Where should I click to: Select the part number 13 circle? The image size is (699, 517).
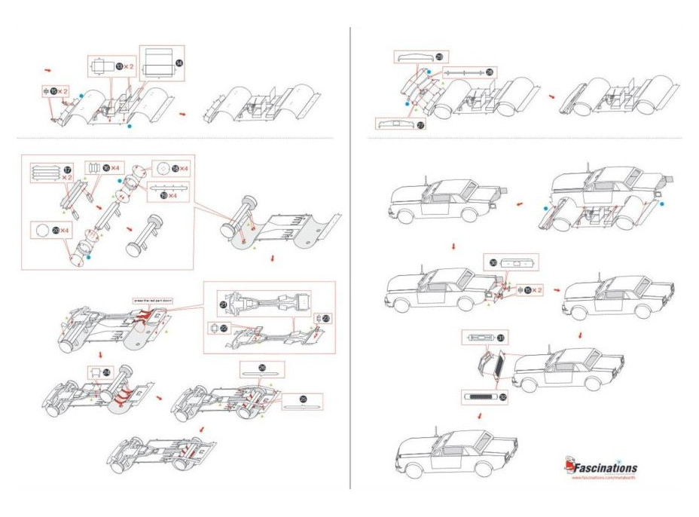point(119,67)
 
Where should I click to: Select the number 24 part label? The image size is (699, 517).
point(106,372)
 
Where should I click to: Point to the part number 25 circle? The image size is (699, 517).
point(304,399)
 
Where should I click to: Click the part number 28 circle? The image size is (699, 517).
point(490,72)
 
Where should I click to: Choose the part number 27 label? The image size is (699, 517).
point(420,124)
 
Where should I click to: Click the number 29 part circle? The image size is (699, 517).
point(439,57)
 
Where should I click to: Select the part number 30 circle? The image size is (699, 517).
point(494,263)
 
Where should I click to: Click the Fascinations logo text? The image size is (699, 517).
point(607,467)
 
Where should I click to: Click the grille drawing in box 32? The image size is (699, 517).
point(478,395)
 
